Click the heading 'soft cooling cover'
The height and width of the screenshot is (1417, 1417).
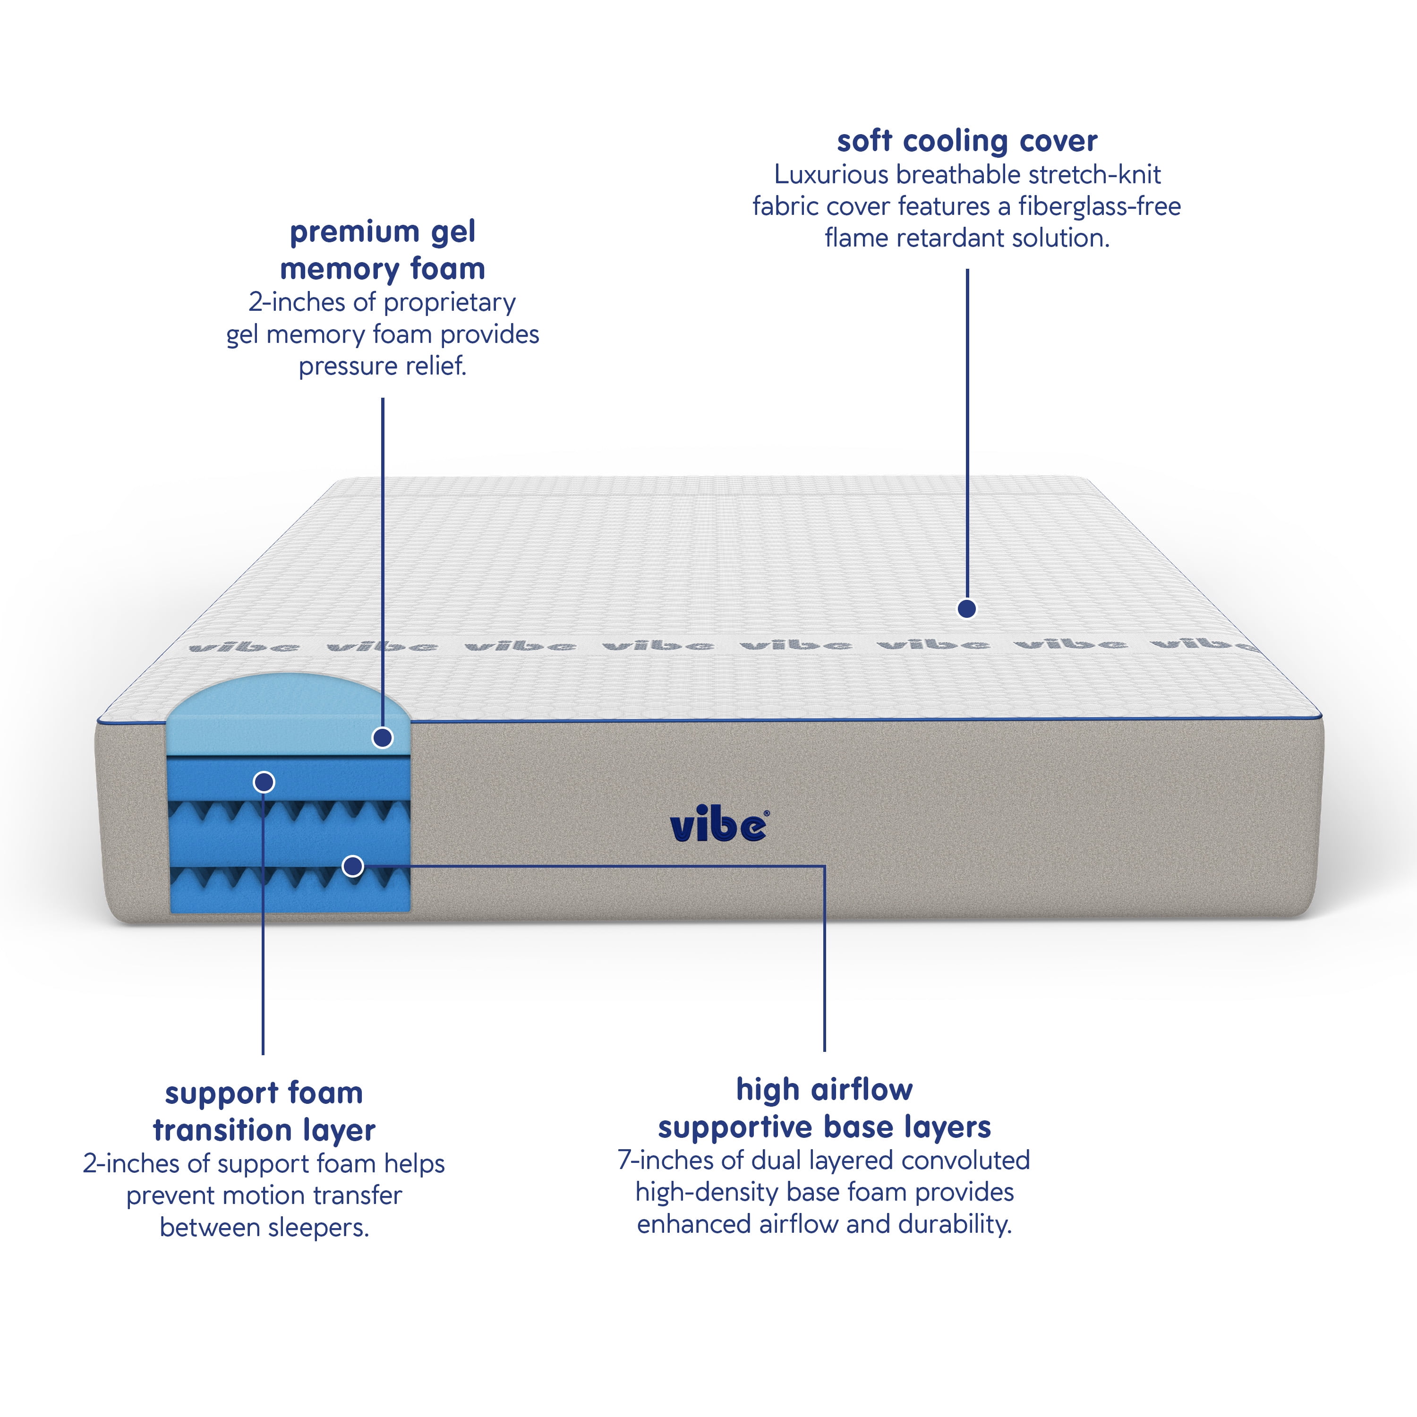pyautogui.click(x=967, y=141)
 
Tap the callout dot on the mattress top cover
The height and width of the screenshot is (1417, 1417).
pyautogui.click(x=967, y=608)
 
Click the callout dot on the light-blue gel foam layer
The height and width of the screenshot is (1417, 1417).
pyautogui.click(x=382, y=737)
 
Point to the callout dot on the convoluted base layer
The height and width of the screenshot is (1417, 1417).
pyautogui.click(x=353, y=866)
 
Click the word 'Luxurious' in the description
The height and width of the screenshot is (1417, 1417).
pyautogui.click(x=831, y=175)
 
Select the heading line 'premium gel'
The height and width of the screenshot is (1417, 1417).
pyautogui.click(x=382, y=232)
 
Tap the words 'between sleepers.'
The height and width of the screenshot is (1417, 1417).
pyautogui.click(x=264, y=1227)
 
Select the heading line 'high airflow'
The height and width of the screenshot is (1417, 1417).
pyautogui.click(x=824, y=1090)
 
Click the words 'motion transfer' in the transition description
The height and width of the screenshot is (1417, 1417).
pyautogui.click(x=312, y=1195)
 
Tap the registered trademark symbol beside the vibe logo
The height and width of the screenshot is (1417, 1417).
pyautogui.click(x=767, y=813)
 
